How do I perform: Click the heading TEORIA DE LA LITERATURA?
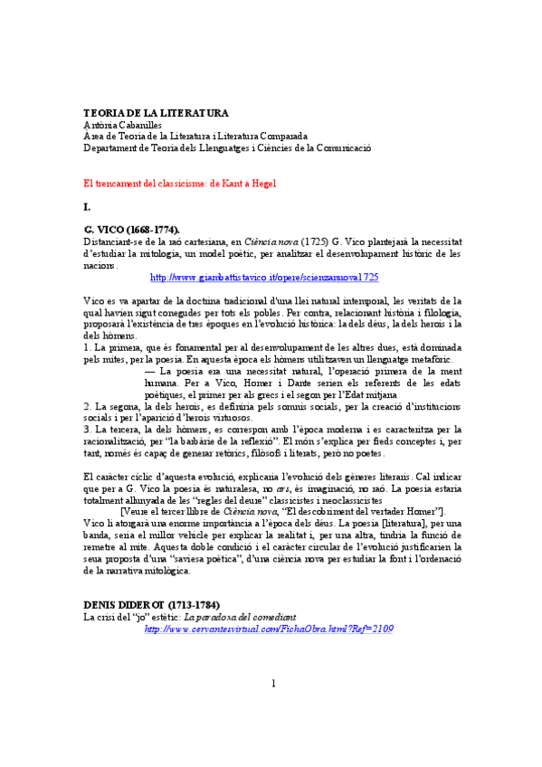[x=156, y=113]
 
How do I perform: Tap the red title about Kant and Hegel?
[x=179, y=183]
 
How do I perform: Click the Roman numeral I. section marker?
[x=87, y=206]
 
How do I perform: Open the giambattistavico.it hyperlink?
[x=263, y=277]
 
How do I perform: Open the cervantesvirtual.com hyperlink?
[x=269, y=628]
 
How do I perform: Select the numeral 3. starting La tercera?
[x=87, y=430]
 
